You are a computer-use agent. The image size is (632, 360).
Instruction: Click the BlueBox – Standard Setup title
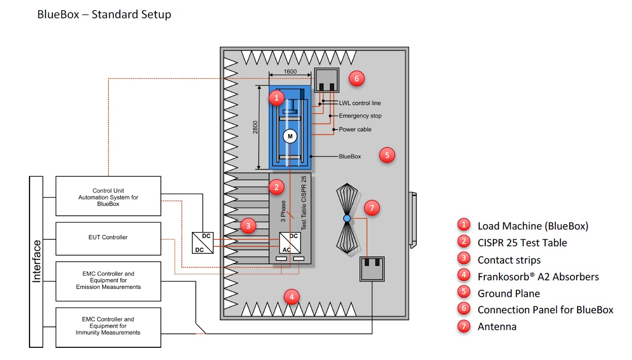(x=104, y=14)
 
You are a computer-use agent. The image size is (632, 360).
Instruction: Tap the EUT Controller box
(x=108, y=238)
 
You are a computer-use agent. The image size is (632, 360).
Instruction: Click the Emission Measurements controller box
(x=108, y=280)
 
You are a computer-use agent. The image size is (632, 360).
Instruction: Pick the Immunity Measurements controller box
(x=108, y=326)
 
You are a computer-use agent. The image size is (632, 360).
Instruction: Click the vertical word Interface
(x=37, y=261)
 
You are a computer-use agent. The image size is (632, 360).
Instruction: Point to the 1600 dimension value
(x=290, y=72)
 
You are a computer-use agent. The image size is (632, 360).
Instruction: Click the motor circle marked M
(x=290, y=136)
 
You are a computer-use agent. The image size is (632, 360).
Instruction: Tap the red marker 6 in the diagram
(x=356, y=78)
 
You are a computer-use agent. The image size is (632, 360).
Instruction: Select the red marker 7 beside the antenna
(x=372, y=208)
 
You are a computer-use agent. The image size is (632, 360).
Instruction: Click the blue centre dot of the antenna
(x=347, y=218)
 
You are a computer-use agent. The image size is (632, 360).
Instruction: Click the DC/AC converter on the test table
(x=287, y=242)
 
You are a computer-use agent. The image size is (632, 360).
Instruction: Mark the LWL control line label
(x=359, y=103)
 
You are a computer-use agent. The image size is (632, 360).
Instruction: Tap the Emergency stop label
(x=360, y=116)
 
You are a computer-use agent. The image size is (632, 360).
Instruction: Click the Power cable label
(x=355, y=129)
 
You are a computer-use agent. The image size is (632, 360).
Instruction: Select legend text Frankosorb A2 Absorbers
(x=538, y=277)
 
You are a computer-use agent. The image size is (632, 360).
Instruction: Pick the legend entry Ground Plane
(x=508, y=293)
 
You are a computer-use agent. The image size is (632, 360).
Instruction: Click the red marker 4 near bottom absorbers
(x=291, y=297)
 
